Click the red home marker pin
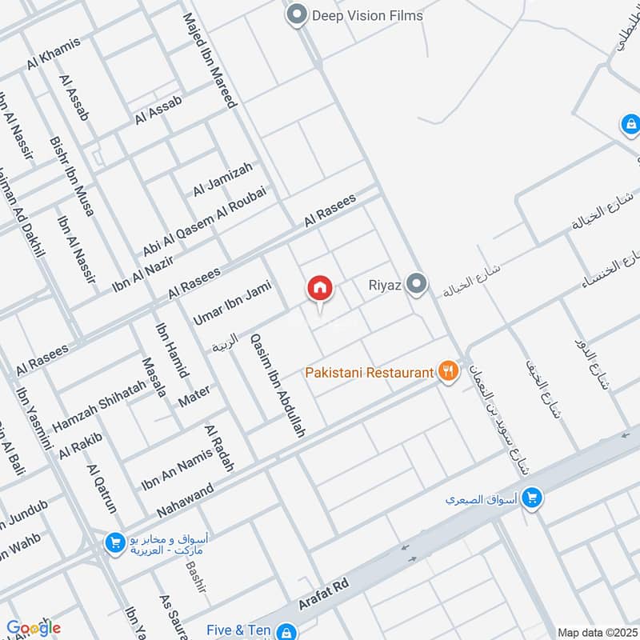(319, 289)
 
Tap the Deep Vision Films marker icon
(298, 14)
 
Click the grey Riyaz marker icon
(416, 283)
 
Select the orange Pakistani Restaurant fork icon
(447, 372)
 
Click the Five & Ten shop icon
(285, 632)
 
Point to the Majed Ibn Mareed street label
(210, 60)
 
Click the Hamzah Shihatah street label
(99, 404)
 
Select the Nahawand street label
(186, 500)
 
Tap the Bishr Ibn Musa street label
(72, 176)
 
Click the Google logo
(33, 628)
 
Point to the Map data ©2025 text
(596, 632)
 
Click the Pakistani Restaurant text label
(369, 373)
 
